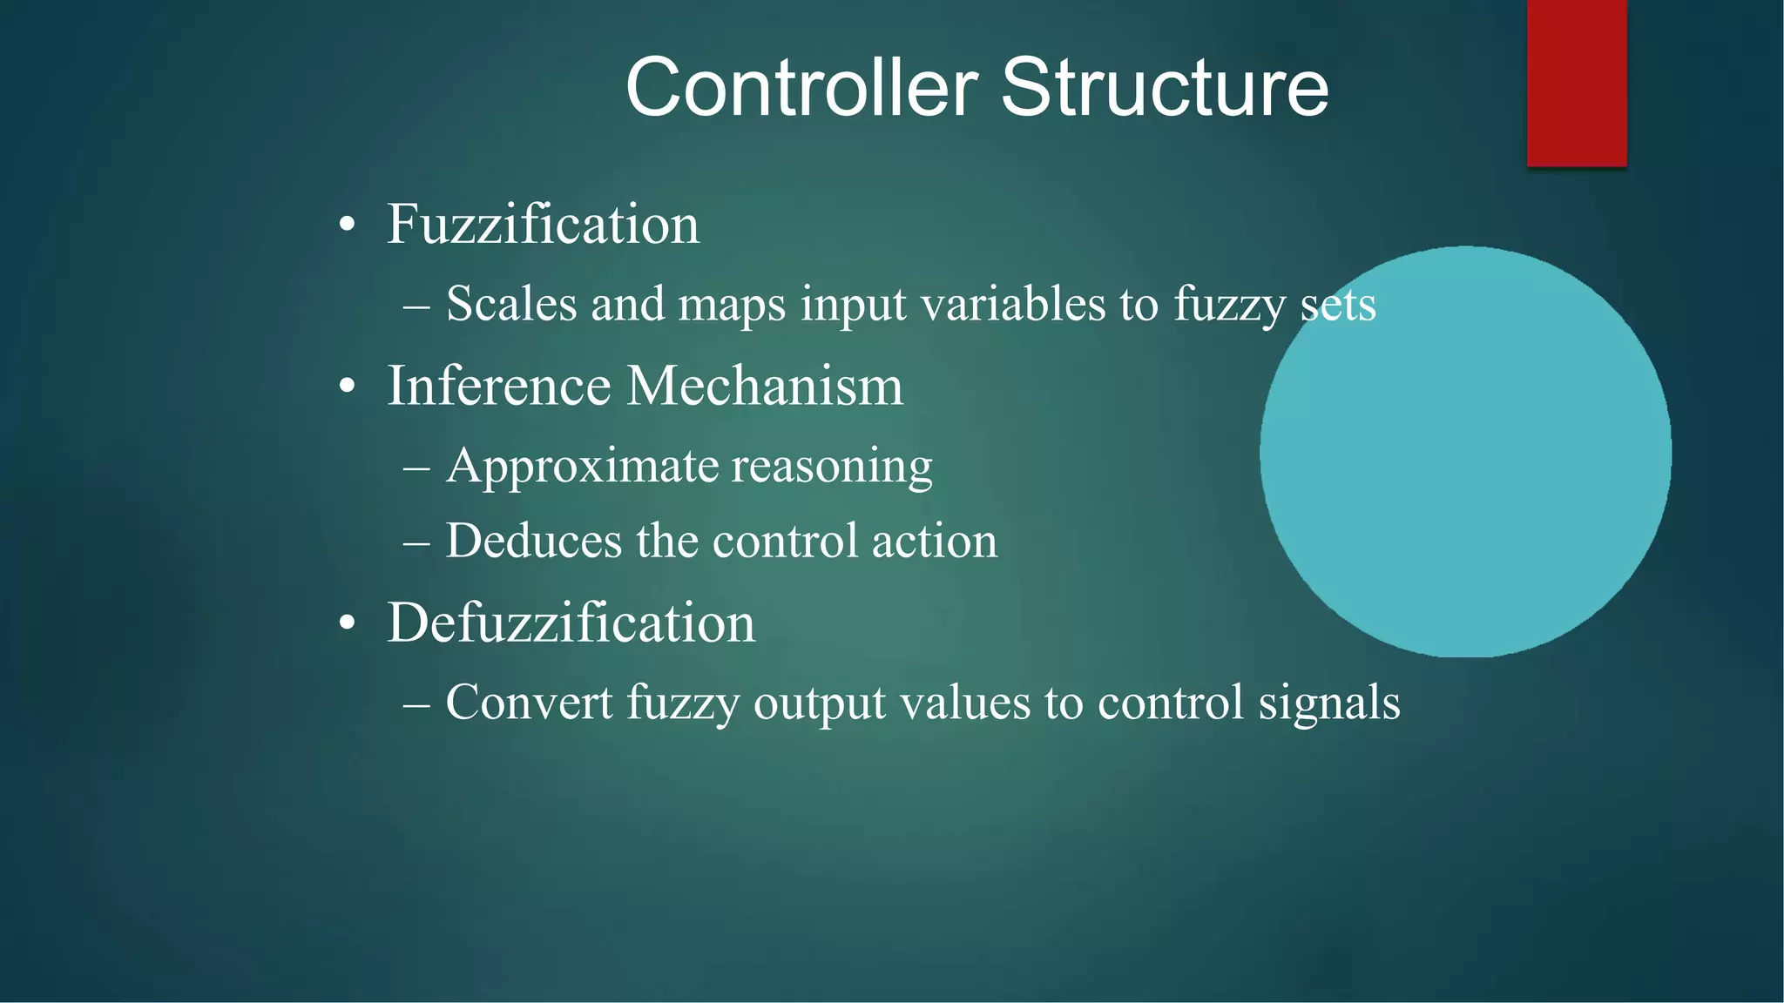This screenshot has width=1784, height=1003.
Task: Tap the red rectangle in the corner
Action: (x=1577, y=83)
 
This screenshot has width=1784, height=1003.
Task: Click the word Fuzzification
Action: (x=543, y=225)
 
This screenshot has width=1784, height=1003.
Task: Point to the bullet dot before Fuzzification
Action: (x=348, y=226)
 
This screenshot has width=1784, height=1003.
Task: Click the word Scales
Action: (x=511, y=304)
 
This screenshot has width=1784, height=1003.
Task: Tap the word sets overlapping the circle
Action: (x=1338, y=305)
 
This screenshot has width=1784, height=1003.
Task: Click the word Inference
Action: (x=499, y=386)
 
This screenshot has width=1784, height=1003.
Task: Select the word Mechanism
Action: (x=765, y=386)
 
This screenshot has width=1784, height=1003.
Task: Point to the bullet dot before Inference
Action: (x=348, y=386)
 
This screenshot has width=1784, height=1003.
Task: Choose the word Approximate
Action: (x=582, y=467)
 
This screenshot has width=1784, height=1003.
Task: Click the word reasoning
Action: (x=832, y=467)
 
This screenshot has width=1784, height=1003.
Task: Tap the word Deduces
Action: (x=535, y=541)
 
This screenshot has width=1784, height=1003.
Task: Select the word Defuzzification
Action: (x=571, y=623)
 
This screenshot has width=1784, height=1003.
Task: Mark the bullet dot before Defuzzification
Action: (x=348, y=623)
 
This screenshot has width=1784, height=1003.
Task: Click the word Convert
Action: (x=529, y=702)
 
